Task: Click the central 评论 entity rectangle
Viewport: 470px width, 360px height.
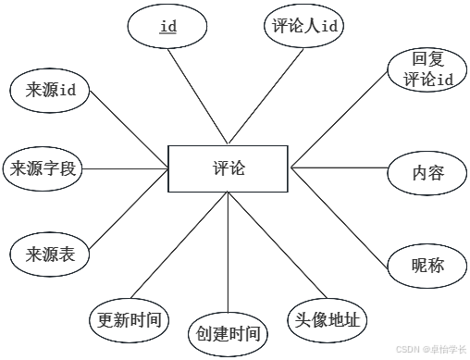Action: pyautogui.click(x=228, y=168)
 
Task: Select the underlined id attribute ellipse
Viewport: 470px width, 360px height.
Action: pyautogui.click(x=167, y=26)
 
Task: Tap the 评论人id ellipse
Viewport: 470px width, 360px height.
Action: pyautogui.click(x=303, y=26)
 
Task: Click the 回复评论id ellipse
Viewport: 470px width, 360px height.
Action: pyautogui.click(x=427, y=69)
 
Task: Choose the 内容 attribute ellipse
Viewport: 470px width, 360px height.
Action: pyautogui.click(x=427, y=173)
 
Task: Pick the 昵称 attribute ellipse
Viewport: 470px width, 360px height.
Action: pyautogui.click(x=427, y=266)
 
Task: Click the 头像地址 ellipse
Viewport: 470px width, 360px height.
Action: pyautogui.click(x=328, y=320)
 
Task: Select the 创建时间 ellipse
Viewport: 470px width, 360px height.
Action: pyautogui.click(x=228, y=334)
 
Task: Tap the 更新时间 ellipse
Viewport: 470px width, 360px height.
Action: pyautogui.click(x=130, y=320)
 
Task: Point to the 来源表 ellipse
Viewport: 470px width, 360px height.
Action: pyautogui.click(x=50, y=254)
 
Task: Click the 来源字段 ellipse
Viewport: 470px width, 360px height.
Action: pyautogui.click(x=43, y=168)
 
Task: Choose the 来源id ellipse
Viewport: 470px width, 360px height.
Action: pyautogui.click(x=50, y=91)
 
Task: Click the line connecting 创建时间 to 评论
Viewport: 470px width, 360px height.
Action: pyautogui.click(x=228, y=253)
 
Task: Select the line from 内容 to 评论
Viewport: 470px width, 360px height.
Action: pyautogui.click(x=340, y=168)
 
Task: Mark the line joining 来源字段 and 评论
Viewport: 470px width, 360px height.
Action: pyautogui.click(x=125, y=168)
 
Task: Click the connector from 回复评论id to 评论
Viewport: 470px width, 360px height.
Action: pyautogui.click(x=340, y=119)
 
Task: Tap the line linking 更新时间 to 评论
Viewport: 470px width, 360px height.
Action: pyautogui.click(x=179, y=245)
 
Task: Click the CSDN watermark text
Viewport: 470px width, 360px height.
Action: pyautogui.click(x=431, y=349)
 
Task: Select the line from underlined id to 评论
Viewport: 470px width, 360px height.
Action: pyautogui.click(x=198, y=96)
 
